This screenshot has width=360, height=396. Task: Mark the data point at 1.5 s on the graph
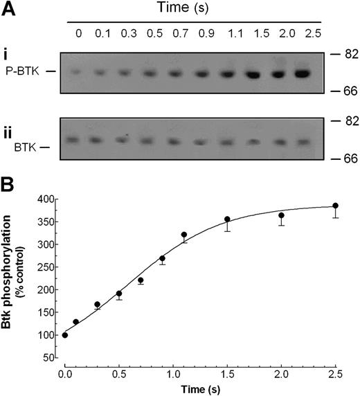click(x=246, y=219)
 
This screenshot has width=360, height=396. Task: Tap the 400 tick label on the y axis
click(x=48, y=199)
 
